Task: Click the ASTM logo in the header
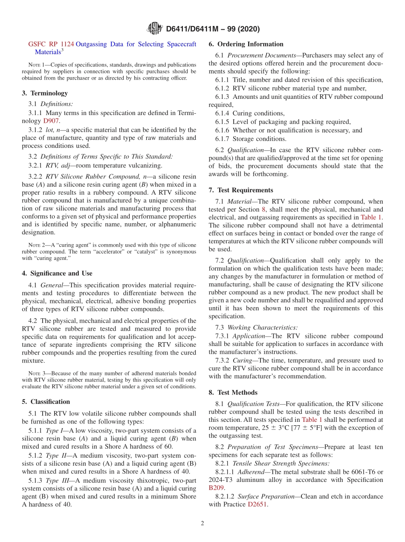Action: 154,29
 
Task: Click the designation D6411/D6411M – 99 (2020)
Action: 213,29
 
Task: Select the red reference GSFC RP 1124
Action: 51,44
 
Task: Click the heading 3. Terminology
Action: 45,93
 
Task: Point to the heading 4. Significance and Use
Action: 57,273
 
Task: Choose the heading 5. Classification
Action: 46,401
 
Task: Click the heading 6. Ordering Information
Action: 246,44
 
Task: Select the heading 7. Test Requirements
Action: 241,190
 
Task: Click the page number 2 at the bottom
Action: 202,523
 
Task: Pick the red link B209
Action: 216,488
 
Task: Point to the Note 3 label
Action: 37,373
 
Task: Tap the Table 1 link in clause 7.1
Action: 371,217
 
